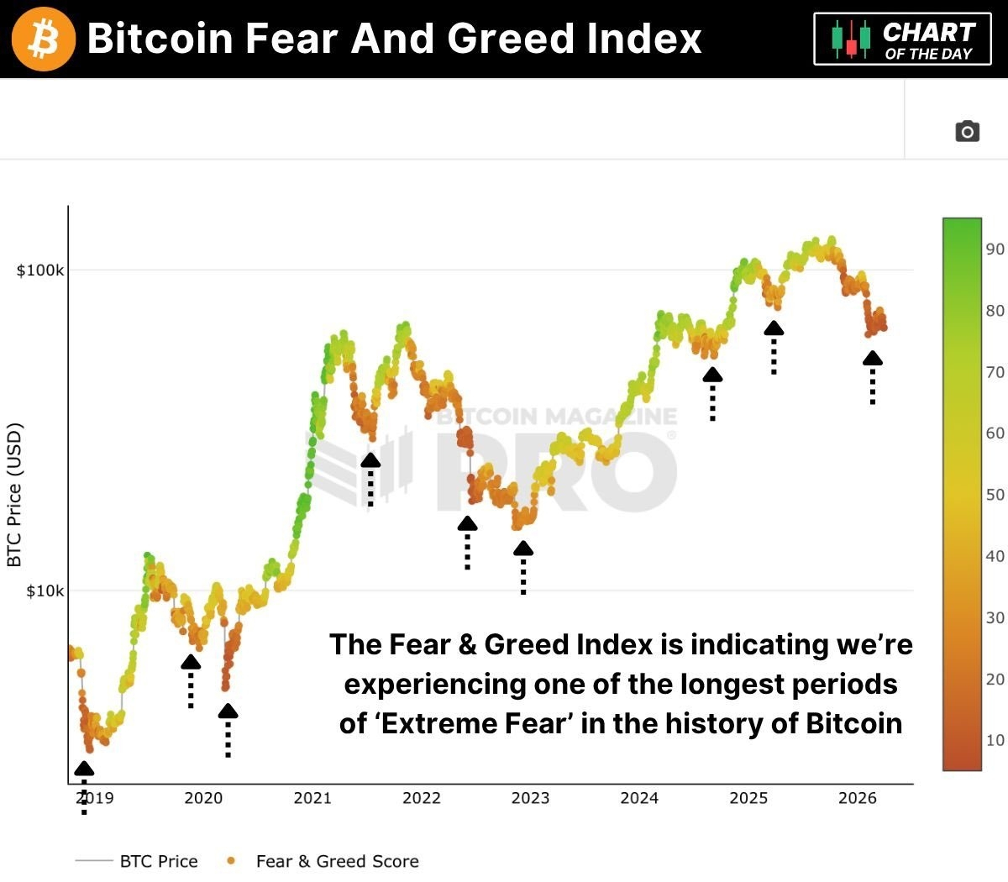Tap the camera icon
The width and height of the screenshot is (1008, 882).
pyautogui.click(x=967, y=131)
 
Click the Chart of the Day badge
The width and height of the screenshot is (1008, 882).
pyautogui.click(x=902, y=39)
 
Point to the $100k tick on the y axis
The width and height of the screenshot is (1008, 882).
pyautogui.click(x=40, y=270)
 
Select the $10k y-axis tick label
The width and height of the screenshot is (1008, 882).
pyautogui.click(x=44, y=591)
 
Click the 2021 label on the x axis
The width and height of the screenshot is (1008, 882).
pyautogui.click(x=312, y=798)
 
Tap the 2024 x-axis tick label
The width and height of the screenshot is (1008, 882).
pyautogui.click(x=639, y=798)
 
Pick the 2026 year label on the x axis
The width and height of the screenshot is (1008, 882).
pyautogui.click(x=857, y=798)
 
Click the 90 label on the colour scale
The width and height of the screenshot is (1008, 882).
pyautogui.click(x=995, y=249)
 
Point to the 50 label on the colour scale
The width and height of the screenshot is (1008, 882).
pyautogui.click(x=995, y=495)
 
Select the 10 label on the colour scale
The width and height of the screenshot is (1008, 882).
pyautogui.click(x=995, y=740)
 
